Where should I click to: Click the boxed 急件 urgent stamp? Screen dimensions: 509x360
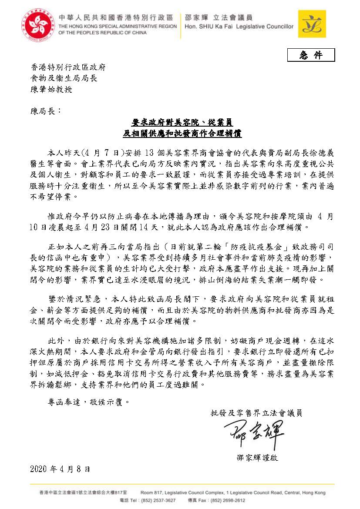[x=311, y=55]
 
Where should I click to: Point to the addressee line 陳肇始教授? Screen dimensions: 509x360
[x=51, y=89]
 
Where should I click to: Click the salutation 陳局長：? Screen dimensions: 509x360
[x=47, y=111]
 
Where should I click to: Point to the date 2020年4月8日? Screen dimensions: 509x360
[x=61, y=469]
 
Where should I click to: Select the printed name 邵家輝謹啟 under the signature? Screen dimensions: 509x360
[x=257, y=458]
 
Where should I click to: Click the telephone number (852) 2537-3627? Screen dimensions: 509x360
[x=159, y=500]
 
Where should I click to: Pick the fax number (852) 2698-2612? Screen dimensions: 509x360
[x=225, y=500]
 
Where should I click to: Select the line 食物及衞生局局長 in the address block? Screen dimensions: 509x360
[x=64, y=78]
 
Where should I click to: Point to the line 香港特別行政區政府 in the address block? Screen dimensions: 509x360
[x=68, y=67]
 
